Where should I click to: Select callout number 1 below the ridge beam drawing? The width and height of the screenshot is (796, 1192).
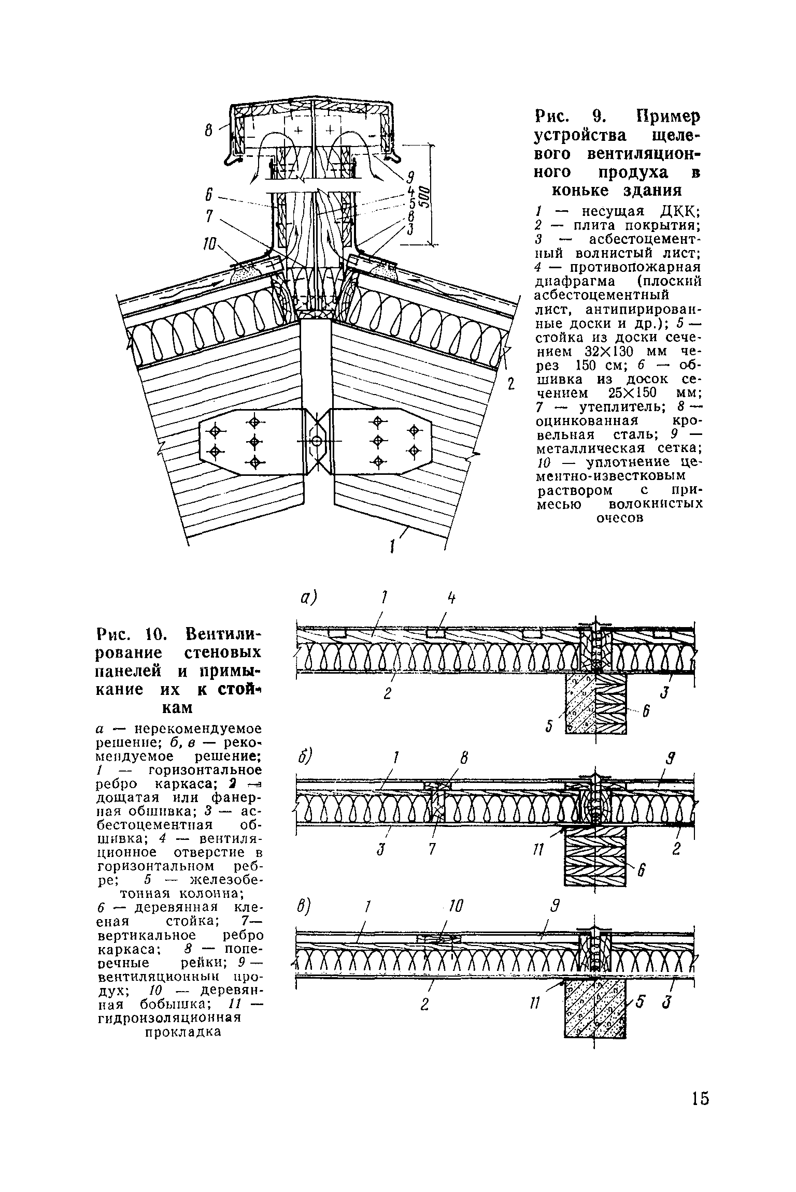(x=392, y=545)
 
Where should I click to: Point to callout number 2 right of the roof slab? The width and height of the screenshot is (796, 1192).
(x=510, y=384)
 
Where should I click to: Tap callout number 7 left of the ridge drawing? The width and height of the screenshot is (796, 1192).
(x=209, y=216)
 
